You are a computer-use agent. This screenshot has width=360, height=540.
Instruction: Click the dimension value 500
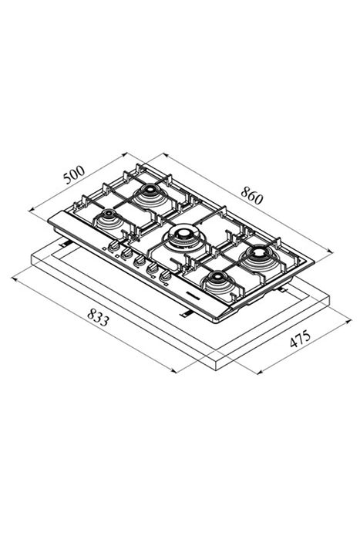point(74,174)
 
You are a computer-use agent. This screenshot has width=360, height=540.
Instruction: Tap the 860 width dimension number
point(251,195)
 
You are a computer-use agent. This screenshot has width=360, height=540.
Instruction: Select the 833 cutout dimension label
point(98,317)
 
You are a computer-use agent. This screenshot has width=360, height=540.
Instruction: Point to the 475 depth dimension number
point(300,339)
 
